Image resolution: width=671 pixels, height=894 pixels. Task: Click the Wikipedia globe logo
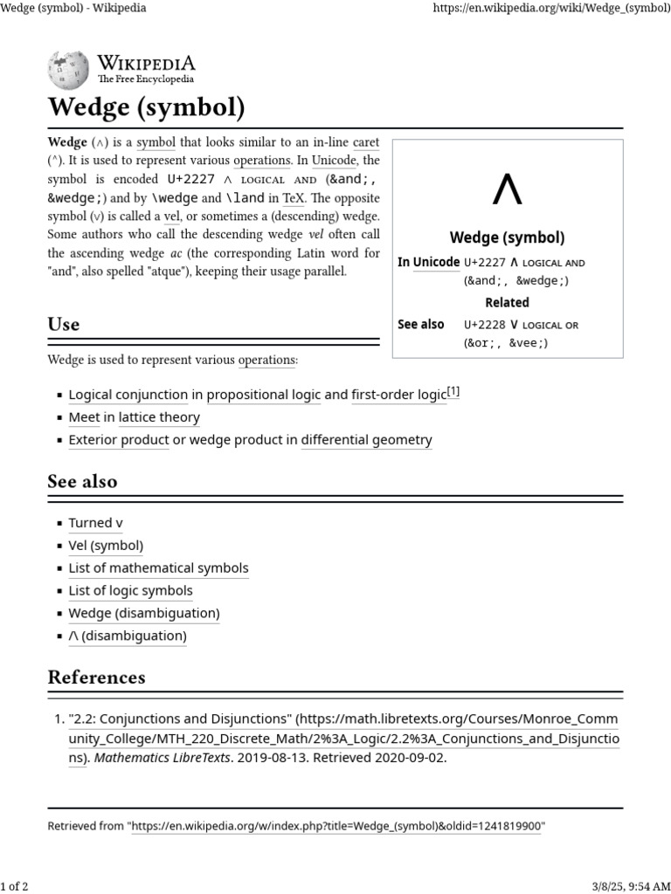click(68, 69)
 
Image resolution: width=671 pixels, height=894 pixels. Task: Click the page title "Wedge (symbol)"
click(146, 109)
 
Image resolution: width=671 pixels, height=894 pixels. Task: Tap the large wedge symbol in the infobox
click(507, 189)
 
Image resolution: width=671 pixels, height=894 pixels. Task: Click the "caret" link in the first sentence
click(366, 141)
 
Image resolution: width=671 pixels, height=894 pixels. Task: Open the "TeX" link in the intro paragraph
click(294, 197)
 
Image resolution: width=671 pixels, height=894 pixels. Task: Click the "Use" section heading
click(64, 325)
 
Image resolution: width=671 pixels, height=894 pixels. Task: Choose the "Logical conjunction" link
click(128, 395)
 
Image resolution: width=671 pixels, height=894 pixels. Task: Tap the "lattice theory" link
click(159, 417)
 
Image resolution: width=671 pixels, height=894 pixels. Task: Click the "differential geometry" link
click(366, 440)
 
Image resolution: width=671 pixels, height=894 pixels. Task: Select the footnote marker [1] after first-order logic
click(453, 393)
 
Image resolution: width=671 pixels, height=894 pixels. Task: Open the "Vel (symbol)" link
click(106, 546)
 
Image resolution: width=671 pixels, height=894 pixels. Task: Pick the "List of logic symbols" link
click(130, 591)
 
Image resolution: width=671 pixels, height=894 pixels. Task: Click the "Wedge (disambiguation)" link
click(144, 613)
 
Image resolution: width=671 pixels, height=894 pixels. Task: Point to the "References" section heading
click(96, 677)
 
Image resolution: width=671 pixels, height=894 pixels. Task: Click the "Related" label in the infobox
click(507, 302)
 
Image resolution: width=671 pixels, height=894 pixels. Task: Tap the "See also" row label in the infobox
click(421, 324)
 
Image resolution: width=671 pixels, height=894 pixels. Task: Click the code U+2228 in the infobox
click(485, 325)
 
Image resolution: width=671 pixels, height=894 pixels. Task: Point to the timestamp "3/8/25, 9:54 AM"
click(619, 887)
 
